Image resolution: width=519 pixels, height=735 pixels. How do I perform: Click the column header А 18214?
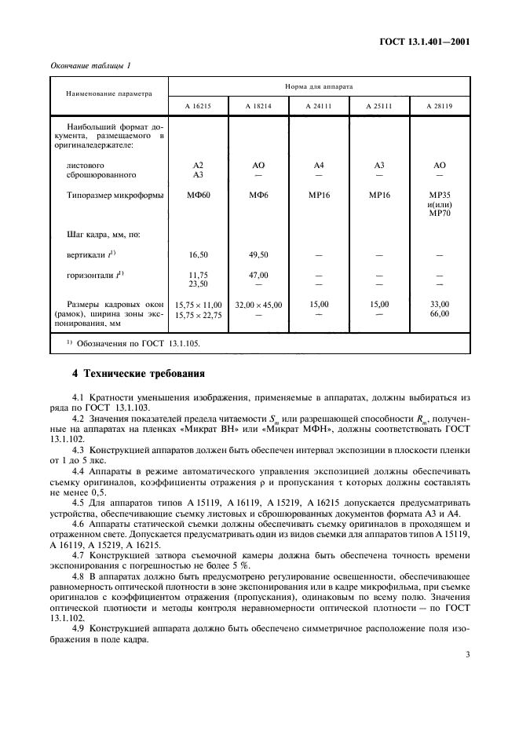coord(258,105)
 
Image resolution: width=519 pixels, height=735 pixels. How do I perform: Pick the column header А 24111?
coord(318,105)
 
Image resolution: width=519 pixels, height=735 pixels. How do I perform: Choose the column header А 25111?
coord(378,105)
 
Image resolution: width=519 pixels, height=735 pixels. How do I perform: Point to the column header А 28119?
coord(439,105)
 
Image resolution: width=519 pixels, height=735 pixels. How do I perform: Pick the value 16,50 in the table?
coord(198,255)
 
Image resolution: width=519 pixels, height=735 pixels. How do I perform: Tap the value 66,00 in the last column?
coord(439,314)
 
